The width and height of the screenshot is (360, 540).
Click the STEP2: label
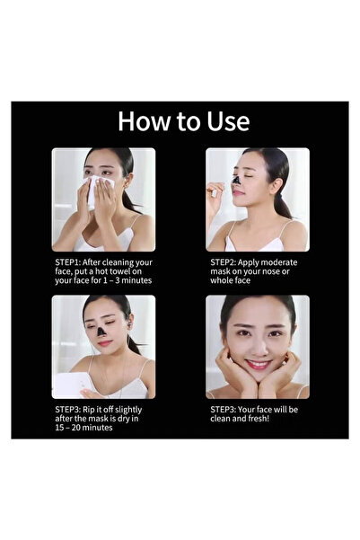point(224,262)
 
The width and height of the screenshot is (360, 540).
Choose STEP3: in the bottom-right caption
point(224,410)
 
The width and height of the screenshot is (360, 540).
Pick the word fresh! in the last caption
point(270,420)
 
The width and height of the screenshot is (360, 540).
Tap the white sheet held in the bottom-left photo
point(66,385)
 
